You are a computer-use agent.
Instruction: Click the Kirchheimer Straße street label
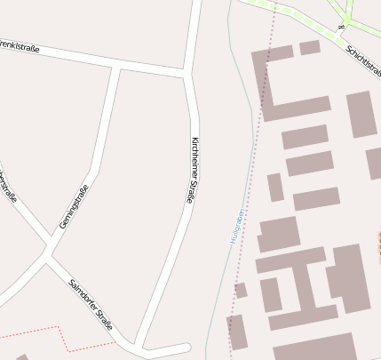(192, 171)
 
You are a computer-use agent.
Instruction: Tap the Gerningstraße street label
(75, 206)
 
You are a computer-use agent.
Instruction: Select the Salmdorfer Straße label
(91, 305)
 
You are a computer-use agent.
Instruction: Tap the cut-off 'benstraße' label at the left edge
(9, 187)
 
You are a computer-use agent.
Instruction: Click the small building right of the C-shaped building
(310, 47)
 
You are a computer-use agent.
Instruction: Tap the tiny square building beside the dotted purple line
(241, 290)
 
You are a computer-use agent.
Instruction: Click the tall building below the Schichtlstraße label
(361, 114)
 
